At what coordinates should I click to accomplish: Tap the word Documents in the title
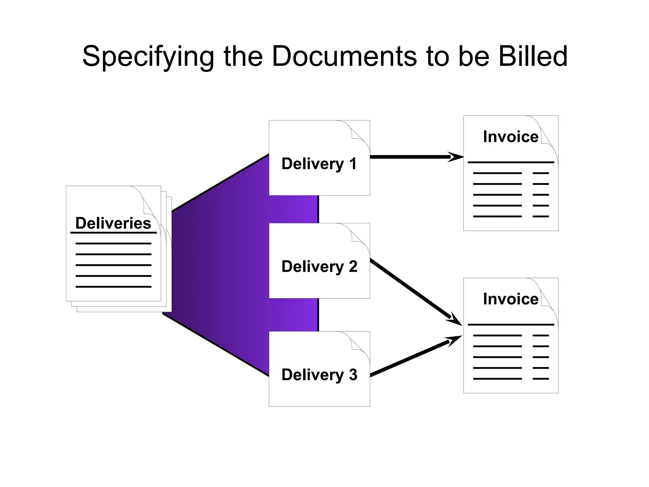[344, 56]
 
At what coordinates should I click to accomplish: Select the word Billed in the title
[533, 56]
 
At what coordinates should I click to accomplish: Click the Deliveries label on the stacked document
[113, 223]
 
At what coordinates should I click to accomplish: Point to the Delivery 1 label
[319, 164]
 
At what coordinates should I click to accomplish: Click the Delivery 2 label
[319, 267]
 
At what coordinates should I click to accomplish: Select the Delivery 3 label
[319, 375]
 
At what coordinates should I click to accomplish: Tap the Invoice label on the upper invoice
[511, 137]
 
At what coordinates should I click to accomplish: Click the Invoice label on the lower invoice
[511, 299]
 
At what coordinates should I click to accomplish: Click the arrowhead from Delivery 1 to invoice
[456, 157]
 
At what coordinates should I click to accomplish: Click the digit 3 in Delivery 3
[353, 375]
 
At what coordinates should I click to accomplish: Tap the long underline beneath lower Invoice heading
[511, 325]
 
